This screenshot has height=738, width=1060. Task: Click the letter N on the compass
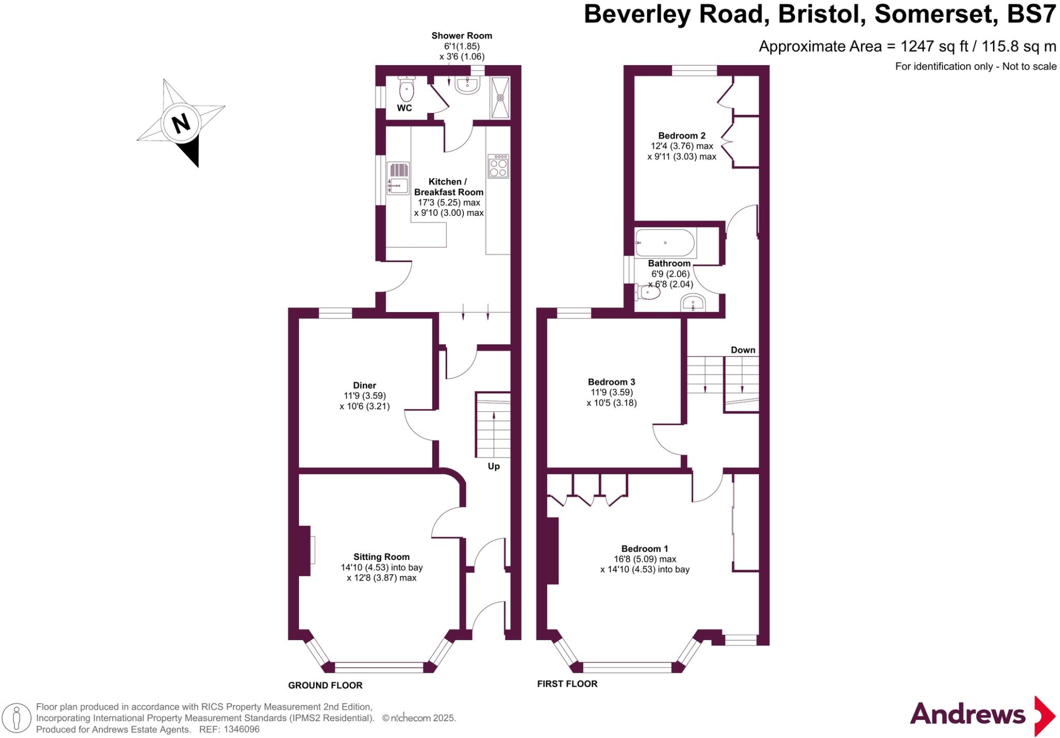click(181, 124)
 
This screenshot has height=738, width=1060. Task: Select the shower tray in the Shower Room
click(500, 97)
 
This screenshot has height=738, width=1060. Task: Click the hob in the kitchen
click(498, 166)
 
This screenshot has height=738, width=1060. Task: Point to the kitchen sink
click(397, 178)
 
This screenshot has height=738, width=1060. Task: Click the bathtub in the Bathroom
click(665, 243)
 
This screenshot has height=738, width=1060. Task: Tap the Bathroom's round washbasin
click(693, 303)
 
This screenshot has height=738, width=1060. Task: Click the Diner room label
click(364, 385)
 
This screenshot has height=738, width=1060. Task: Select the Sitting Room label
click(381, 557)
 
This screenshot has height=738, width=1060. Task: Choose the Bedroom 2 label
click(682, 136)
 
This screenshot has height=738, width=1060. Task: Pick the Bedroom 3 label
click(611, 382)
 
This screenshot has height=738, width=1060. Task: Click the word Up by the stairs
click(494, 466)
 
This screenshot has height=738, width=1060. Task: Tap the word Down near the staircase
click(743, 350)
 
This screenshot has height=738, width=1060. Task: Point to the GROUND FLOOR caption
click(325, 685)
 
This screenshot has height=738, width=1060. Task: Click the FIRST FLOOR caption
click(567, 684)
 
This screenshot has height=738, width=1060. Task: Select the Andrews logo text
click(967, 715)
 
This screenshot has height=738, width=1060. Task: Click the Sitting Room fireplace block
click(304, 550)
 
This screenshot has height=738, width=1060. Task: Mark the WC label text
click(404, 108)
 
